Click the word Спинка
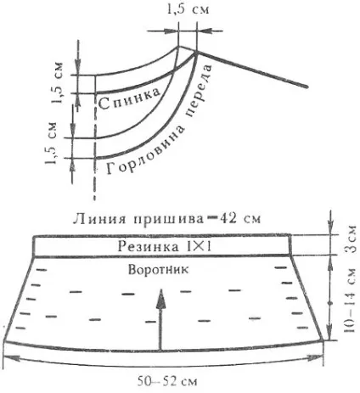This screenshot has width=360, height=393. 130,99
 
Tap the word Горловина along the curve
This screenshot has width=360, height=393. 147,151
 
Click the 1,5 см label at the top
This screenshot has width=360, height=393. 188,9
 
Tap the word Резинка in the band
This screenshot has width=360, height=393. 148,246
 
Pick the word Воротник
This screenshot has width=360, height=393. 158,269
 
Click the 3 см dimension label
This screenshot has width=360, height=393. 351,239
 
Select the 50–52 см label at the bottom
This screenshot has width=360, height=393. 167,382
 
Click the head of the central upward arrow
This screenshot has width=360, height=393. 161,300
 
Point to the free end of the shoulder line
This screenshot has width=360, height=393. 307,87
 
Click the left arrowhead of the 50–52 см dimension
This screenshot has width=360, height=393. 11,357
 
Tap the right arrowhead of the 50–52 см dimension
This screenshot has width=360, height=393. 316,357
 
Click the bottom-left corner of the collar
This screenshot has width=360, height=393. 5,341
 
